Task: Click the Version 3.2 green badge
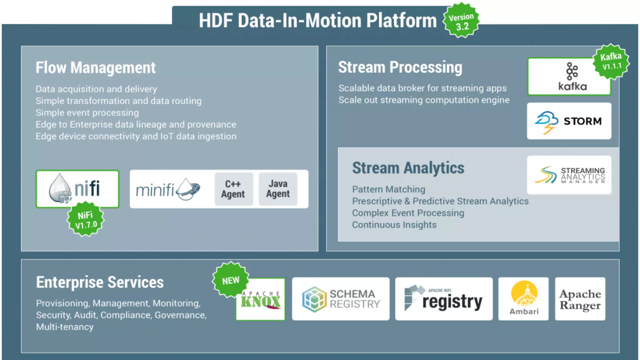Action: point(461,21)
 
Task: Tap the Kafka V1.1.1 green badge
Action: point(611,61)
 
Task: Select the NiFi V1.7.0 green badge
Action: point(86,220)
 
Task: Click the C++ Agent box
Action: point(233,189)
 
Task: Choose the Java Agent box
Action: point(278,189)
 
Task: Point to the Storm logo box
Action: point(569,121)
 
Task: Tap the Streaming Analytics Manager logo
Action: point(569,175)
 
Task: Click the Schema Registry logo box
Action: point(341,299)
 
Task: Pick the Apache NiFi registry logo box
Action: point(443,299)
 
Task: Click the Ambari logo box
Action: point(523,299)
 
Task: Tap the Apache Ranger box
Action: point(580,299)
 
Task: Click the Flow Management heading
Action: point(96,68)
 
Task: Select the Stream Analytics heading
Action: point(408,168)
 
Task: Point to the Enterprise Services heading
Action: point(100,282)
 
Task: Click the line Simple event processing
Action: point(87,113)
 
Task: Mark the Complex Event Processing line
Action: point(408,213)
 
